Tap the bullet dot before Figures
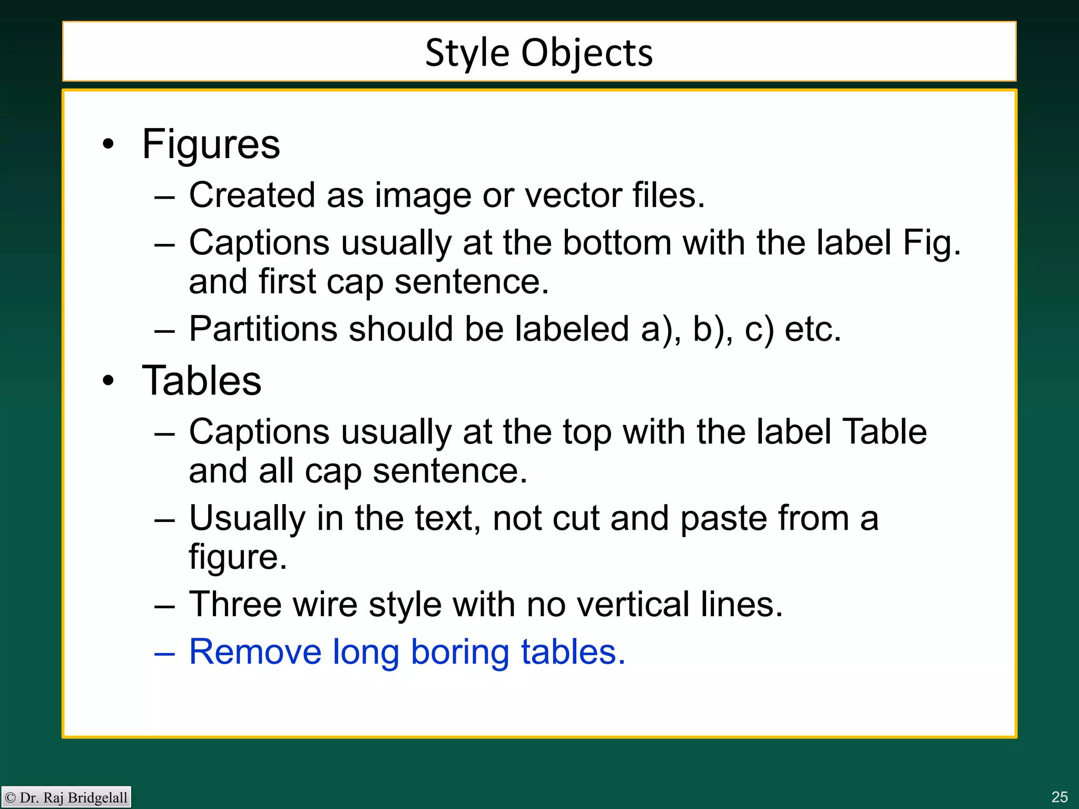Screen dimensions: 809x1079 tap(108, 144)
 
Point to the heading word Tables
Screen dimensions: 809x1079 tap(202, 380)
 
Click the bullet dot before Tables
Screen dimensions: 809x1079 tap(108, 380)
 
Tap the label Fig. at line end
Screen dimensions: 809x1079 tap(931, 243)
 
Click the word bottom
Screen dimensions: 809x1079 tap(617, 243)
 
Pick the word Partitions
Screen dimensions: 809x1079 tap(263, 329)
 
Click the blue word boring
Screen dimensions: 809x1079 tap(460, 653)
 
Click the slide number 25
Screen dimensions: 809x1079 tap(1059, 796)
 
